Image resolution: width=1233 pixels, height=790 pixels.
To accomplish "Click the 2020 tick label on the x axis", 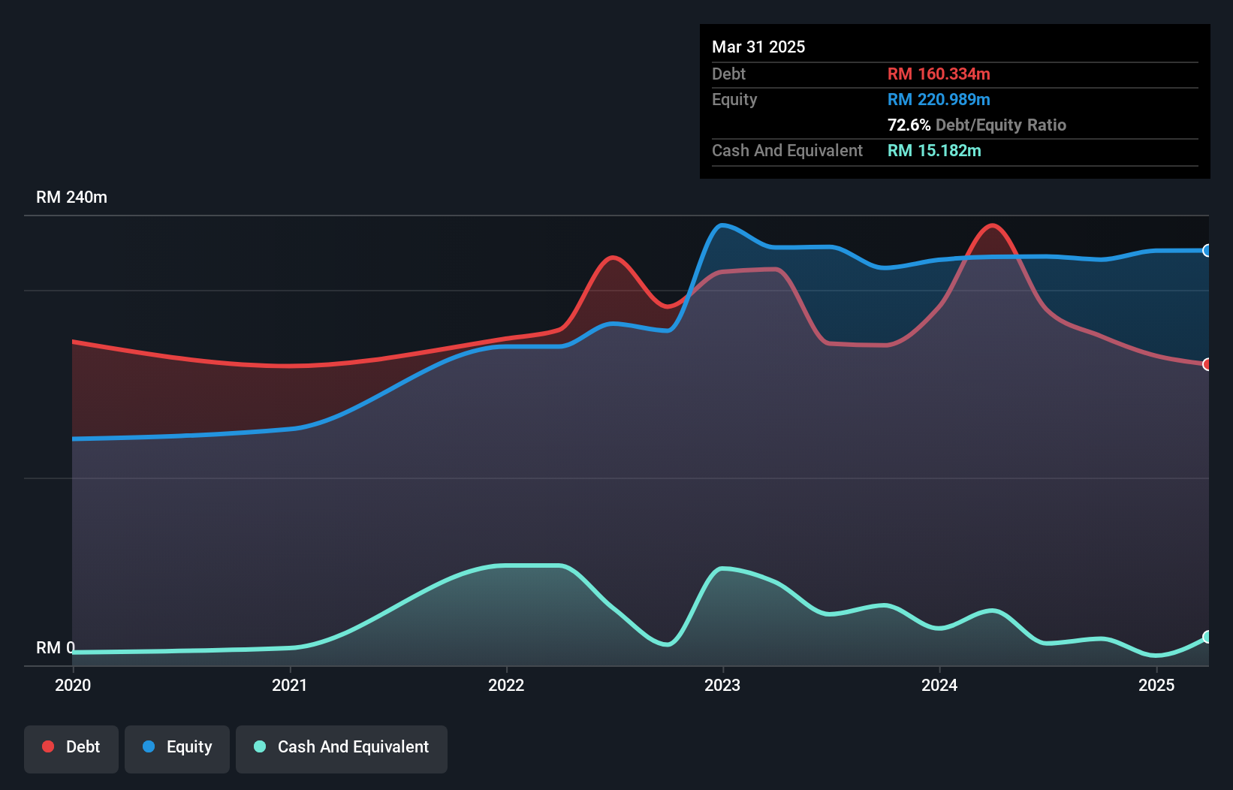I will pyautogui.click(x=73, y=685).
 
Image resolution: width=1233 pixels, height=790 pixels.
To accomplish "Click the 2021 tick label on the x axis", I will pyautogui.click(x=290, y=685).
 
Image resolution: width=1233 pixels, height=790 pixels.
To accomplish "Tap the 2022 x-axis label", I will pyautogui.click(x=506, y=685).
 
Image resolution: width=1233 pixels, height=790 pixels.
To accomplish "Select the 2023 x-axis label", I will pyautogui.click(x=722, y=685).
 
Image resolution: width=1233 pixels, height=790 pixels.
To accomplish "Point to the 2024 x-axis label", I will pyautogui.click(x=939, y=685).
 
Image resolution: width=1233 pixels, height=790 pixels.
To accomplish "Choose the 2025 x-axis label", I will pyautogui.click(x=1156, y=685).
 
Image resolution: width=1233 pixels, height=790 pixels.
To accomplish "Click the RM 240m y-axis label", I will pyautogui.click(x=72, y=197).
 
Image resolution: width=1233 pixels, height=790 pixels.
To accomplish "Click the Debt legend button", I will pyautogui.click(x=71, y=747).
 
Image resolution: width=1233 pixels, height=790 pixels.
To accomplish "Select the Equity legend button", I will pyautogui.click(x=177, y=747).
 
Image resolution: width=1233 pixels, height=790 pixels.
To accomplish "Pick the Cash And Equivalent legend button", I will pyautogui.click(x=342, y=747).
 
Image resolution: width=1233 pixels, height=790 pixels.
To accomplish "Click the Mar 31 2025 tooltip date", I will pyautogui.click(x=758, y=47).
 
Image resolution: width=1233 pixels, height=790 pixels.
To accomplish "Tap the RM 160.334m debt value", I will pyautogui.click(x=939, y=74).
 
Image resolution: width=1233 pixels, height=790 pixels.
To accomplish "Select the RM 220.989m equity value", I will pyautogui.click(x=939, y=99).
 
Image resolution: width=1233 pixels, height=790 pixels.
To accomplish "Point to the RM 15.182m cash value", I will pyautogui.click(x=934, y=150).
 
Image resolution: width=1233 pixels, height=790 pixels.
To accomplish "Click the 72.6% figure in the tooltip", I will pyautogui.click(x=909, y=125).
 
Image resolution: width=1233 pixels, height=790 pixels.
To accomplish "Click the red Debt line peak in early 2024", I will pyautogui.click(x=993, y=225).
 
